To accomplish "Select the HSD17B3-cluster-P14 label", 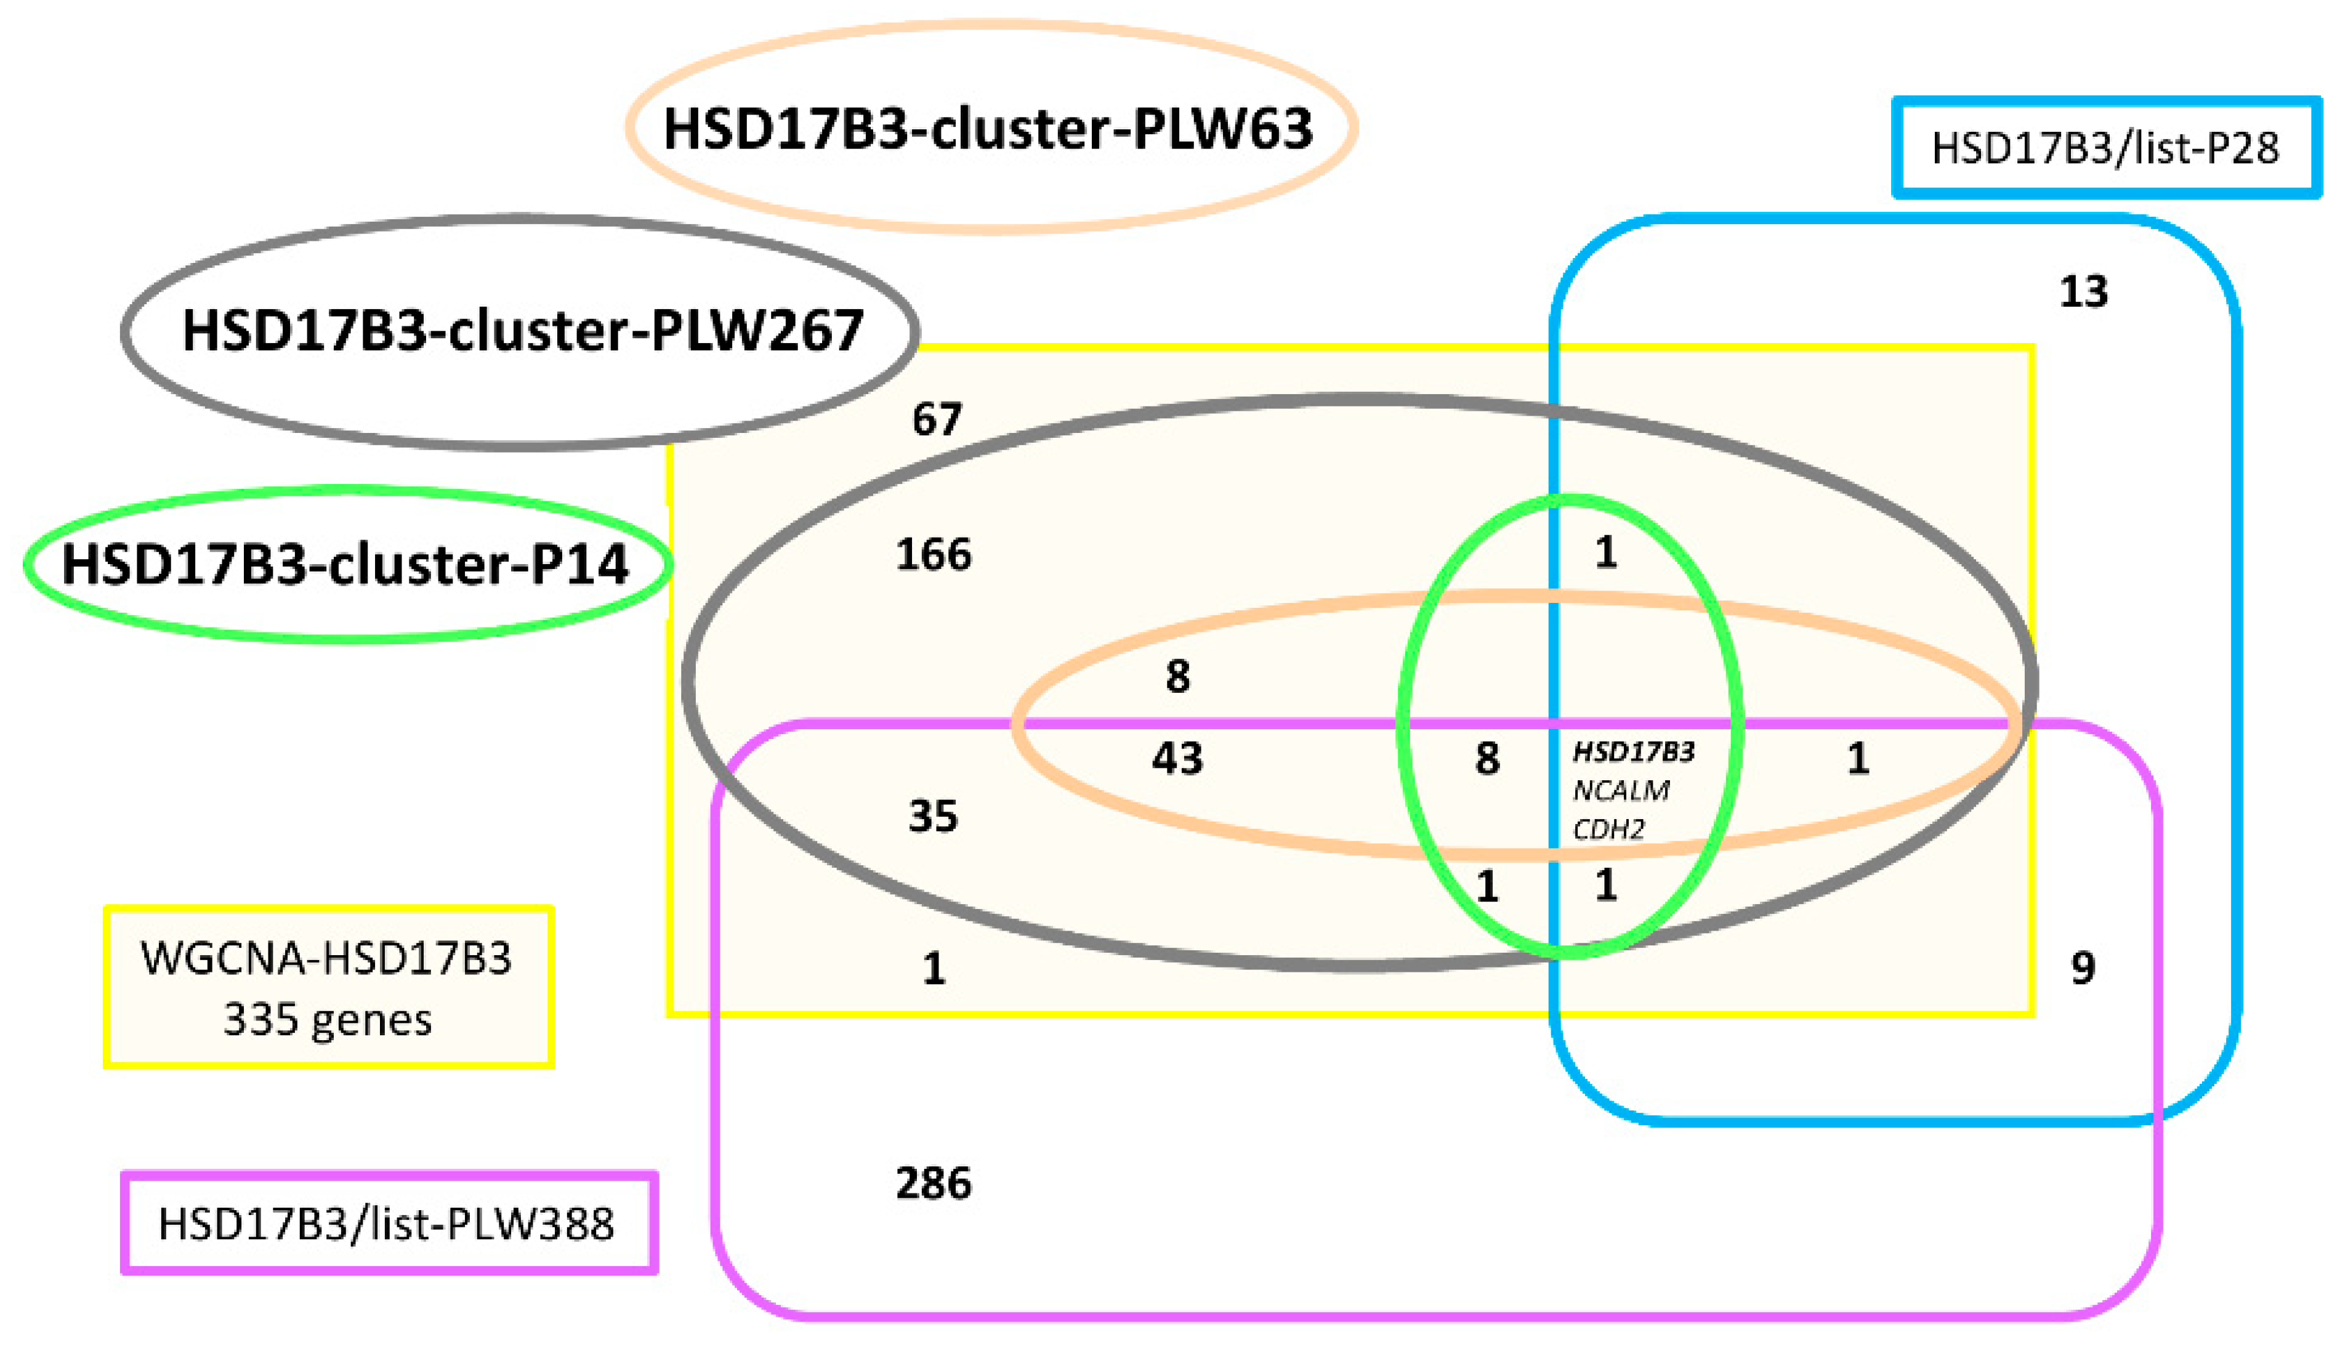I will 345,563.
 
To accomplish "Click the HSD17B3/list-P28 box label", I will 2104,148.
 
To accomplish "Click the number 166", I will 933,554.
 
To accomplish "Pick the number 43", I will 1177,759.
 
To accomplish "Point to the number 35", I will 932,816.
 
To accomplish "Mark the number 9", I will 2083,969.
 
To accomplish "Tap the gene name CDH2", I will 1608,828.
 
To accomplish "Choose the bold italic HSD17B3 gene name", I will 1633,751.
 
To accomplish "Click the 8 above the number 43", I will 1177,677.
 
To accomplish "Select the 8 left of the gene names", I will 1487,759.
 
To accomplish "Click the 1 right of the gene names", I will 1857,759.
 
